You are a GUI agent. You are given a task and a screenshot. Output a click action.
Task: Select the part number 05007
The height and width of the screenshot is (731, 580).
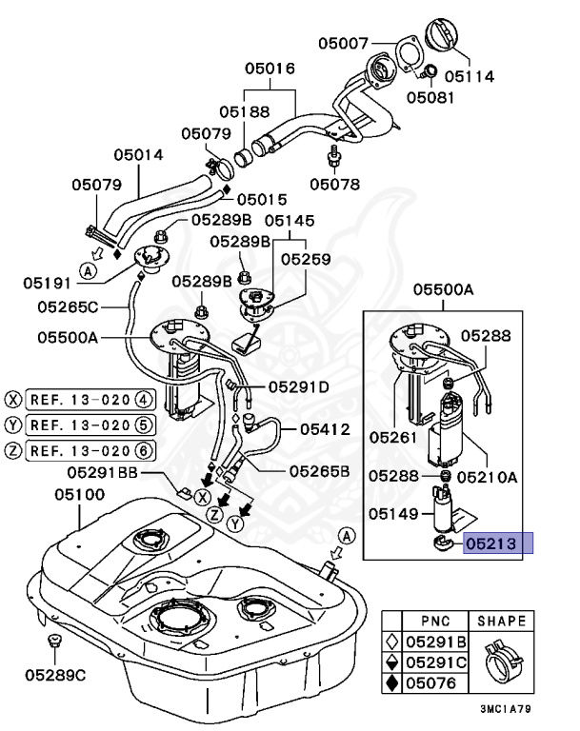pos(343,43)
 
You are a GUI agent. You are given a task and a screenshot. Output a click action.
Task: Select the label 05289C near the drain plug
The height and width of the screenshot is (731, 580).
pos(55,675)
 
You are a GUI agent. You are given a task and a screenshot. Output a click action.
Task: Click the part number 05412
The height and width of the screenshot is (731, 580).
pos(328,429)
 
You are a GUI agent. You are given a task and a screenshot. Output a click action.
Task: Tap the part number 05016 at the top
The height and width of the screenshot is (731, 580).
pos(270,69)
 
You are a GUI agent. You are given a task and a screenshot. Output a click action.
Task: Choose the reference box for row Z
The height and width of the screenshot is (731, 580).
pos(90,450)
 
